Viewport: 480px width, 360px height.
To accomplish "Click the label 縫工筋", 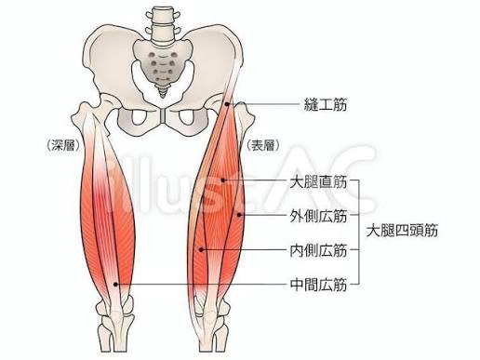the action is pos(325,104).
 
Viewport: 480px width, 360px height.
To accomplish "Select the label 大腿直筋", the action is pos(318,181).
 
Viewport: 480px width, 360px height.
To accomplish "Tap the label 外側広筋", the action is pos(318,216).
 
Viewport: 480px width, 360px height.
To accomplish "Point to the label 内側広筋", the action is pos(318,250).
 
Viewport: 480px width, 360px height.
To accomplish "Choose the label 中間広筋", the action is pos(318,285).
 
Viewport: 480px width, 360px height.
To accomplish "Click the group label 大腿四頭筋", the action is pos(402,231).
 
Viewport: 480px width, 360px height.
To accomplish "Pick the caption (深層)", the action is pos(63,145).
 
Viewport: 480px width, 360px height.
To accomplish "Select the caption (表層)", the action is pos(263,145).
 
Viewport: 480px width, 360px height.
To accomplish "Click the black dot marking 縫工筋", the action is pos(227,104).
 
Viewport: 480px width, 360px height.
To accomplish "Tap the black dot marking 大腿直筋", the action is pos(223,180).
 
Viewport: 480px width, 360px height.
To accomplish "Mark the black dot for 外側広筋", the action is pos(239,215).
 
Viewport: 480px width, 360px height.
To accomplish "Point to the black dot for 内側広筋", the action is pos(201,249).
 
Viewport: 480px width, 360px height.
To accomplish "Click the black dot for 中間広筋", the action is pos(115,284).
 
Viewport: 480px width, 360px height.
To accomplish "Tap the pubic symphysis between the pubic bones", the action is pos(163,116).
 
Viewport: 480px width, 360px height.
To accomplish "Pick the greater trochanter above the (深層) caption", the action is pos(81,114).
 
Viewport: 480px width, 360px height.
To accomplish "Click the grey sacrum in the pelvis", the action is pos(162,62).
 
